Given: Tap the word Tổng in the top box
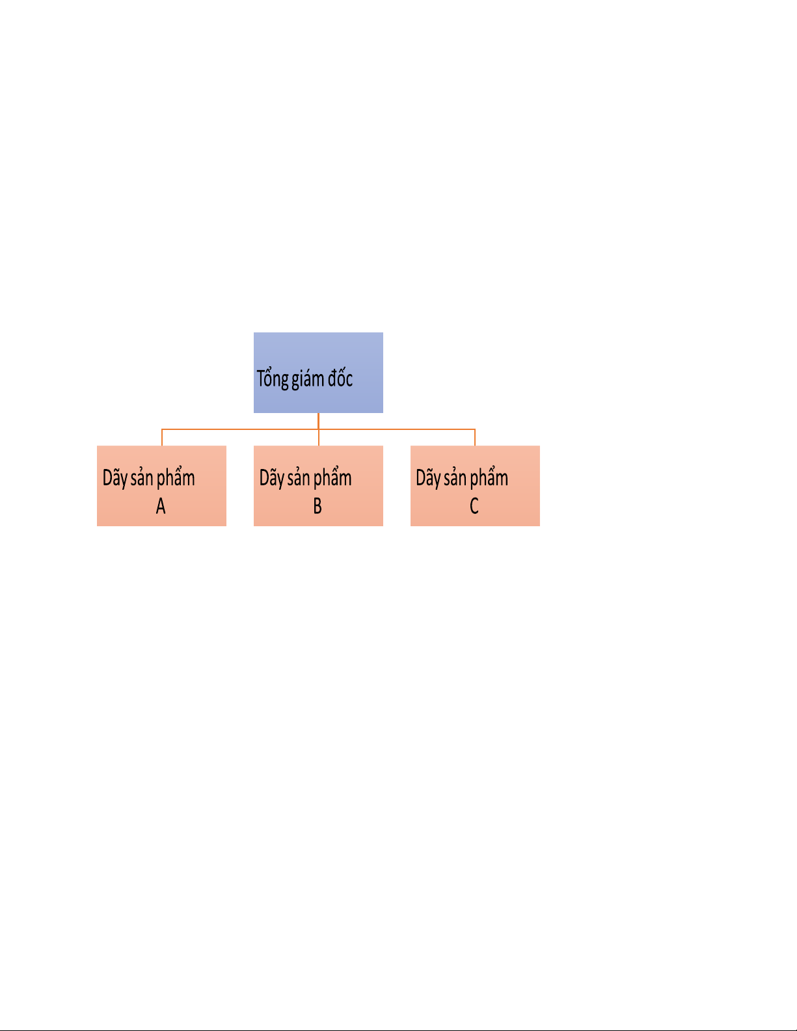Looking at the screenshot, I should click(x=273, y=379).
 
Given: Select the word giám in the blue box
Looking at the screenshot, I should click(x=308, y=379).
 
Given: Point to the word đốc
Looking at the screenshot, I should click(x=340, y=378).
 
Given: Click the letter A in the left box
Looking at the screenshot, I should click(x=161, y=506).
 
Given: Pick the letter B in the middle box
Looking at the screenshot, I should click(x=317, y=506).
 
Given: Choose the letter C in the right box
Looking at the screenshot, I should click(x=474, y=506).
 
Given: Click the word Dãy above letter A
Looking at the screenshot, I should click(x=115, y=479).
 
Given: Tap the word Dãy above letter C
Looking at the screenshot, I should click(x=428, y=479).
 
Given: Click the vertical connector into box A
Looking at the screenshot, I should click(x=162, y=438).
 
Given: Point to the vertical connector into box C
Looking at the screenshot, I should click(x=475, y=438).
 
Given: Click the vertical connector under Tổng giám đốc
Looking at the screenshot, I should click(x=318, y=421).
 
